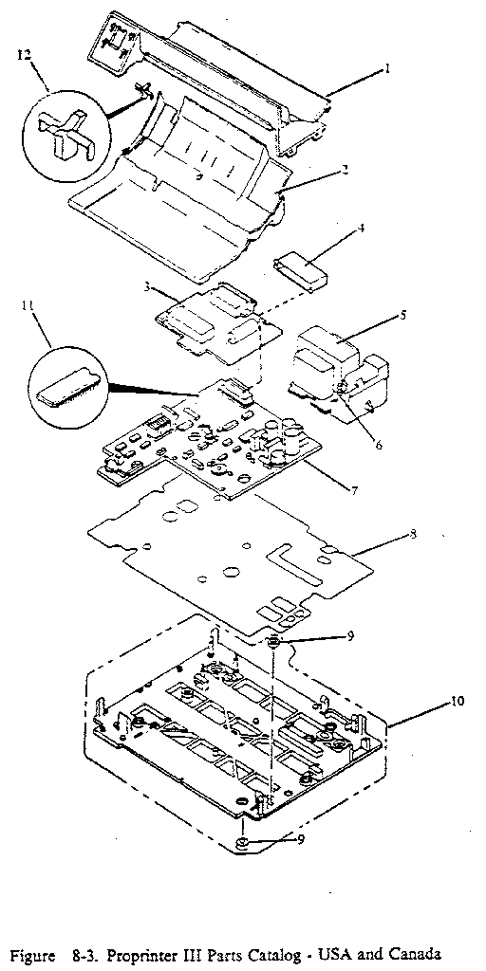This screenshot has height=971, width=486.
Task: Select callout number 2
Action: (346, 170)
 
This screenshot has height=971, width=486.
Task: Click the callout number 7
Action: (353, 490)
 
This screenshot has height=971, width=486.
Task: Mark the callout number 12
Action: (22, 56)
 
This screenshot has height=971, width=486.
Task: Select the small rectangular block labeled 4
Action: (299, 265)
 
